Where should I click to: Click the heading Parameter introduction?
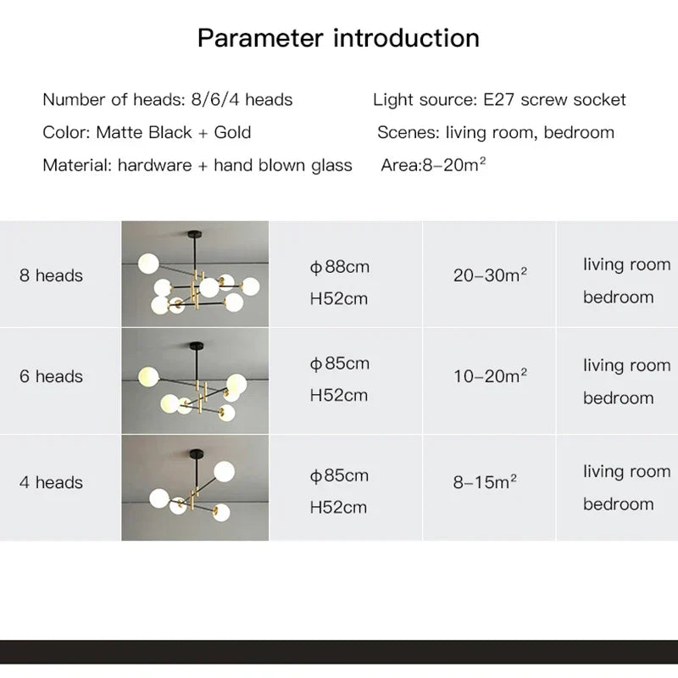pyautogui.click(x=338, y=38)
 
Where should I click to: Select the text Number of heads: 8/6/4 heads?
pyautogui.click(x=168, y=100)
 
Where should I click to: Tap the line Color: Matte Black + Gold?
pyautogui.click(x=147, y=133)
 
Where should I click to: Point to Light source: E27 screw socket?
pyautogui.click(x=499, y=100)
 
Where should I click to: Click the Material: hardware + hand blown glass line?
pyautogui.click(x=197, y=165)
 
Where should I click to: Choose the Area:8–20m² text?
pyautogui.click(x=433, y=165)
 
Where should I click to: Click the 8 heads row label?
pyautogui.click(x=52, y=275)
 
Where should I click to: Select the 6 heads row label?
pyautogui.click(x=52, y=376)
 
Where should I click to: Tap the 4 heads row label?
pyautogui.click(x=52, y=482)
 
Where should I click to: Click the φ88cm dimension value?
pyautogui.click(x=340, y=267)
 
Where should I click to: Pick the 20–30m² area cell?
pyautogui.click(x=491, y=275)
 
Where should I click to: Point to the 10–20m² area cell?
pyautogui.click(x=491, y=376)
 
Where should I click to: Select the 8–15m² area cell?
pyautogui.click(x=486, y=482)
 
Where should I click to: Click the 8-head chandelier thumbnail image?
pyautogui.click(x=195, y=274)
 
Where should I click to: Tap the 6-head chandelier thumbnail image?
pyautogui.click(x=195, y=381)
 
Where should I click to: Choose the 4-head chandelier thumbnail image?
pyautogui.click(x=195, y=487)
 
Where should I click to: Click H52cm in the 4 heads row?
pyautogui.click(x=339, y=508)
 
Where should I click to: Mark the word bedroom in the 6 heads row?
pyautogui.click(x=619, y=398)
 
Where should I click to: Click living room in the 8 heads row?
pyautogui.click(x=626, y=264)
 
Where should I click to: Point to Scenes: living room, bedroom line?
pyautogui.click(x=496, y=133)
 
